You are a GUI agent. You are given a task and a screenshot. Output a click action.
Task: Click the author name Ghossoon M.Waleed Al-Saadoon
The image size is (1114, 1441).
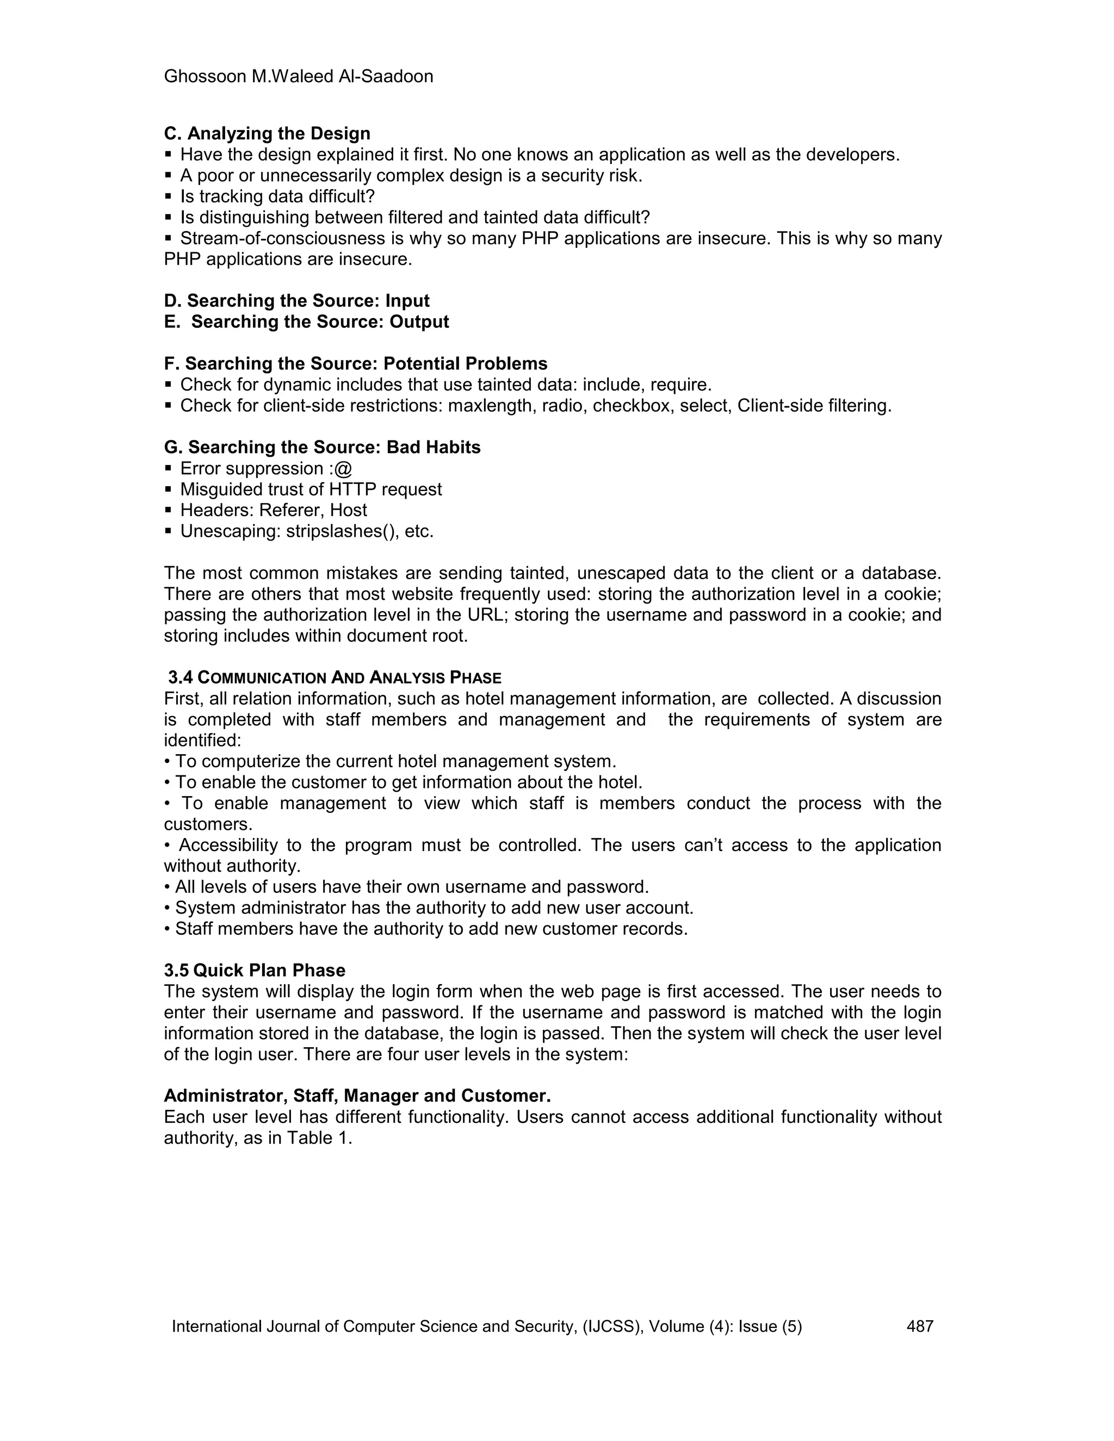(x=298, y=77)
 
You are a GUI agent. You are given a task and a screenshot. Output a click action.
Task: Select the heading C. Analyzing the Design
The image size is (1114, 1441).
(x=267, y=133)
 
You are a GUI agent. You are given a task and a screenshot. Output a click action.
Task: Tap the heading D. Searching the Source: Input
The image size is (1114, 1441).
(x=296, y=301)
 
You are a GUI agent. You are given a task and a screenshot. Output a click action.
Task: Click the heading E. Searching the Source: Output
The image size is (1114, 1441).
(x=306, y=322)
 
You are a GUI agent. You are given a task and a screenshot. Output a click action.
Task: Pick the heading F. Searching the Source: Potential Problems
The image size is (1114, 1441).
(x=355, y=364)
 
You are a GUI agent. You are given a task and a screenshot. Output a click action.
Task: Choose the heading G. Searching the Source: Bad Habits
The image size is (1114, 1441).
(x=322, y=448)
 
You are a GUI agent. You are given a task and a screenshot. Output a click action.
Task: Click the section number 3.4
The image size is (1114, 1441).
(x=180, y=678)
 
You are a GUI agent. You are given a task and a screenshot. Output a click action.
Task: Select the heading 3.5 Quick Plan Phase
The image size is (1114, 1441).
(x=254, y=971)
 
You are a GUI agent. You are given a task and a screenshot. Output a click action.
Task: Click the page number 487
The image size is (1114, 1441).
(x=920, y=1326)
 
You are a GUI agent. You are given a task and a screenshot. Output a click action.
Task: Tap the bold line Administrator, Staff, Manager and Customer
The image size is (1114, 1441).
(x=357, y=1096)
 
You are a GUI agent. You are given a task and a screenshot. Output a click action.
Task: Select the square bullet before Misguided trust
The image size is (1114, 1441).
(x=168, y=489)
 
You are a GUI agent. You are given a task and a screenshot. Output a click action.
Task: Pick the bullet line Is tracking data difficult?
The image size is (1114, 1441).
(x=277, y=197)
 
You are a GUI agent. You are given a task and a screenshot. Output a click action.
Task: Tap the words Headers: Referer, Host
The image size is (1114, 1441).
(x=273, y=510)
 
